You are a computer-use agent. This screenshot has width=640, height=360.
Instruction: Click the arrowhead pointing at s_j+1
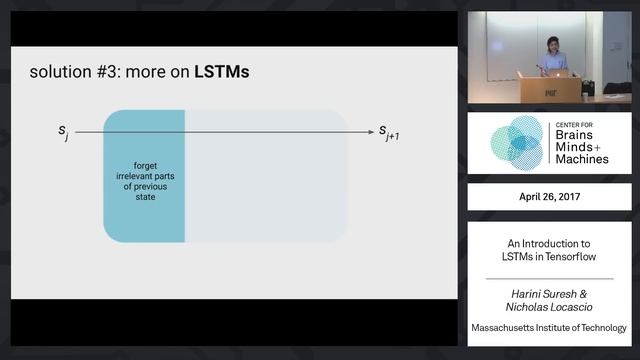click(x=370, y=130)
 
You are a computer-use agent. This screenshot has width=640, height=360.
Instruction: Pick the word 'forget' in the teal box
click(x=145, y=165)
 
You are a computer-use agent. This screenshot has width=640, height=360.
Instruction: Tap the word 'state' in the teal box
click(x=145, y=197)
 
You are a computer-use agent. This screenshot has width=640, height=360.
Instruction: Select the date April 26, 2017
click(x=548, y=197)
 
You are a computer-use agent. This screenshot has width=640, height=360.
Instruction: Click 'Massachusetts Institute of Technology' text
click(x=549, y=328)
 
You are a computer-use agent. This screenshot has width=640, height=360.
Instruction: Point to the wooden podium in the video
click(x=549, y=89)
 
